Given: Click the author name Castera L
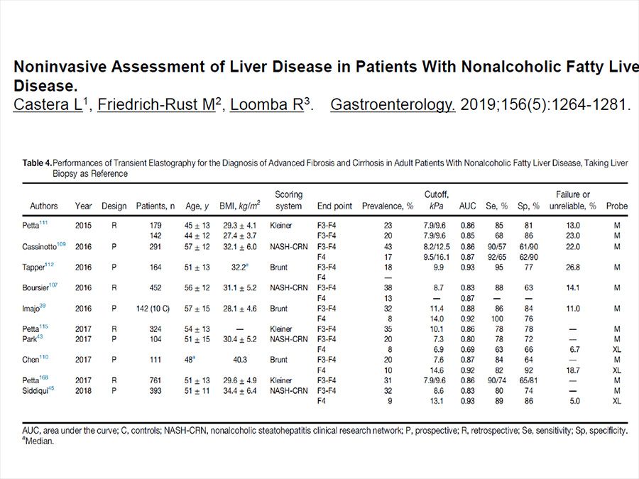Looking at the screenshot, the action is point(48,105).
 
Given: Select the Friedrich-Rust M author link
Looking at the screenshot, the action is point(156,105).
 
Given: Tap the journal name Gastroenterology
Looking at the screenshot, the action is point(393,105).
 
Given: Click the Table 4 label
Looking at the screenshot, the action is point(37,163).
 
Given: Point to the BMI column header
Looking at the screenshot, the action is point(240,206).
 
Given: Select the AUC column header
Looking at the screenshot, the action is point(467,206).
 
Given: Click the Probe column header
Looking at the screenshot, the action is point(616,206).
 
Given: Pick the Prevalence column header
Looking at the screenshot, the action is point(388,206).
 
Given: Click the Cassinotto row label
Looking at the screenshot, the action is point(43,246).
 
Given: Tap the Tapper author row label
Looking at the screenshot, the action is point(38,267).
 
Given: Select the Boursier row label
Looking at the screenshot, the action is point(40,287).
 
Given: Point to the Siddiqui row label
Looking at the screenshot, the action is point(38,390).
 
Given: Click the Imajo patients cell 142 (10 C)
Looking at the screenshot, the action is point(153,309).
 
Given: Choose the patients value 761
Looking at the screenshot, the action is point(155,380).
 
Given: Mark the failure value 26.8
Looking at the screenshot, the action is point(572,268).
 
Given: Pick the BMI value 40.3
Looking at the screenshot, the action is point(240,360).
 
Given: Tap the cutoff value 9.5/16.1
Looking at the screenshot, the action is point(436,257).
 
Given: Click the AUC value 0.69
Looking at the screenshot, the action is point(467,349).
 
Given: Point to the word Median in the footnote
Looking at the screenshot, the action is point(39,441).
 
